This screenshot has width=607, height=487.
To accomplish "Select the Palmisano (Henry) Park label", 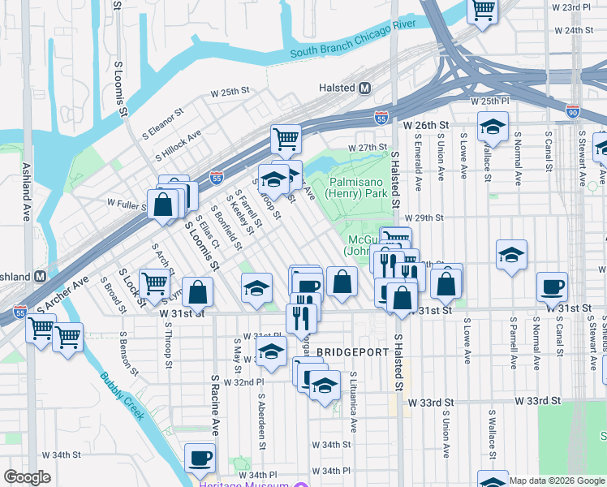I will tap(357, 187).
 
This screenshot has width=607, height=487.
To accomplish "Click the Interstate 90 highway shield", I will tap(573, 113).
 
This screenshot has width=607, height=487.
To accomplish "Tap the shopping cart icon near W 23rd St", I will tap(482, 10).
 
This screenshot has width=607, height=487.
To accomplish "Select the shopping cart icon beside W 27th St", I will tap(286, 139).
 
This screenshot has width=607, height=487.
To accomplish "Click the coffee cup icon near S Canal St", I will tap(552, 286).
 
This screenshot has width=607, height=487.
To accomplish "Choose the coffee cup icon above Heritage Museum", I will tap(200, 458).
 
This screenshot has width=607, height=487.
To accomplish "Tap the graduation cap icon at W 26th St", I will tap(493, 127).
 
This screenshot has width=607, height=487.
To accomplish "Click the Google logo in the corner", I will tap(27, 477).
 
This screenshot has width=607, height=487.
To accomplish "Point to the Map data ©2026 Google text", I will tap(556, 480).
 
